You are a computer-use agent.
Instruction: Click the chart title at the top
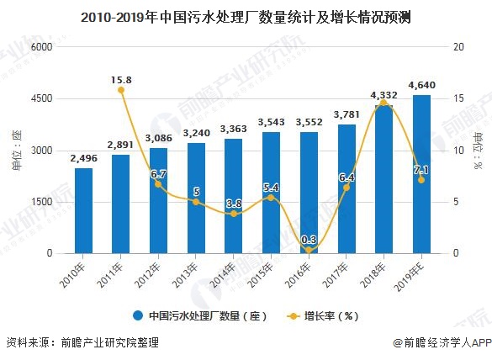point(246,16)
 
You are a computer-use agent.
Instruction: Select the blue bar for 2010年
point(83,210)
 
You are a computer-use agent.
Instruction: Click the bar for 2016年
point(309,193)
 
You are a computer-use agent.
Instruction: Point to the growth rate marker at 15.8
point(120,90)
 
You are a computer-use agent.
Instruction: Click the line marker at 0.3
point(309,250)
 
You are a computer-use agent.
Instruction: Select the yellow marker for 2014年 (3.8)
point(234,214)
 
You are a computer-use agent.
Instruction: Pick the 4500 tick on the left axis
point(40,98)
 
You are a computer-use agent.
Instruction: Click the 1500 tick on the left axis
point(40,202)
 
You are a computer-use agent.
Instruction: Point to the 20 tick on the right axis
point(458,47)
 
